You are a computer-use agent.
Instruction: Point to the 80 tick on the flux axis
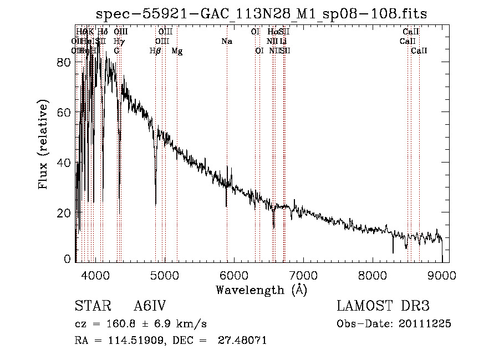coord(65,62)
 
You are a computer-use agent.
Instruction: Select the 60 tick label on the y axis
coord(65,113)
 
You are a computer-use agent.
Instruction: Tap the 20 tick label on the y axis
coord(65,214)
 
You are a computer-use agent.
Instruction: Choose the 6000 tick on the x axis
coord(234,275)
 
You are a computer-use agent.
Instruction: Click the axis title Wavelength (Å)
coord(261,290)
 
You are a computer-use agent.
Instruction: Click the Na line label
coord(227,41)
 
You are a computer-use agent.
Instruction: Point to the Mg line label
coord(177,51)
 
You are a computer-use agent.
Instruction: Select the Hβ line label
coord(155,51)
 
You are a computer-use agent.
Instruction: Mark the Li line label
coord(283,41)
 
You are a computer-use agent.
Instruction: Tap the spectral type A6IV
coord(150,306)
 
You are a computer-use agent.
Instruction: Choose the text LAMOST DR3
coord(383,306)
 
